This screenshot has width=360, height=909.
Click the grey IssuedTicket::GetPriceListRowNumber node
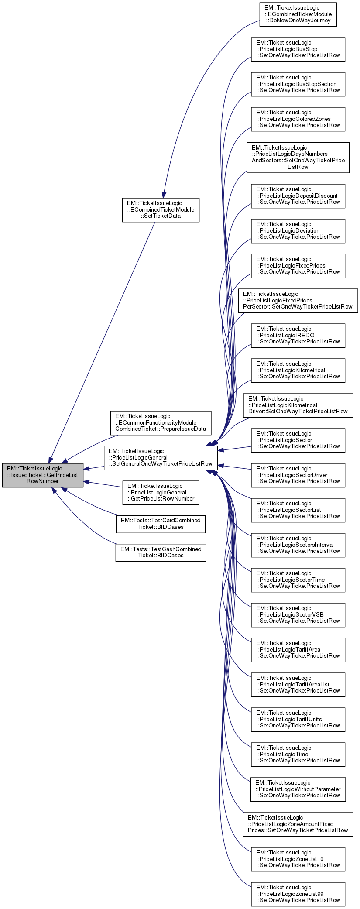pos(42,475)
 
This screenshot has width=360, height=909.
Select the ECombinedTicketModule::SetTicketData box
pos(161,209)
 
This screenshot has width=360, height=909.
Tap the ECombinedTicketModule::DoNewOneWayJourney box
pos(298,14)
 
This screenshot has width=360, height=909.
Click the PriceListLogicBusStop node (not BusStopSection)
pos(298,49)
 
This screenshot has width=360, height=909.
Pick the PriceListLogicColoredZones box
pos(298,119)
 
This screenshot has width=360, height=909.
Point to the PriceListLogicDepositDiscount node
pos(298,196)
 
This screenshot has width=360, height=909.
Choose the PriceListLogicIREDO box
pos(298,336)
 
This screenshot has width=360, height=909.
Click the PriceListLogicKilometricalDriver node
pos(298,405)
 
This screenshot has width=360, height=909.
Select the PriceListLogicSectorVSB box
pos(298,615)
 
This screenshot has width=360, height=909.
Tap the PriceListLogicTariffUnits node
pos(298,720)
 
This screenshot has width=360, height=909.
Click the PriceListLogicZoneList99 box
pos(298,894)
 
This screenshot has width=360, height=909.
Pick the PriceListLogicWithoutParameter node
pos(298,789)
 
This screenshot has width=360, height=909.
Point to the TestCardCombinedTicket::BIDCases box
pos(161,524)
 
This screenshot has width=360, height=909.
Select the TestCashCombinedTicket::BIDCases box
pos(161,552)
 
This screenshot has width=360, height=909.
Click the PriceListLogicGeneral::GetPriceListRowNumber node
pos(161,493)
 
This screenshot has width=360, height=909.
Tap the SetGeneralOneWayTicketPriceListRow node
pos(161,457)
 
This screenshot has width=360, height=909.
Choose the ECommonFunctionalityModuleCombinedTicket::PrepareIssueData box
pos(161,423)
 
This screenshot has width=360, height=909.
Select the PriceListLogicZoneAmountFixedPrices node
pos(298,824)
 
